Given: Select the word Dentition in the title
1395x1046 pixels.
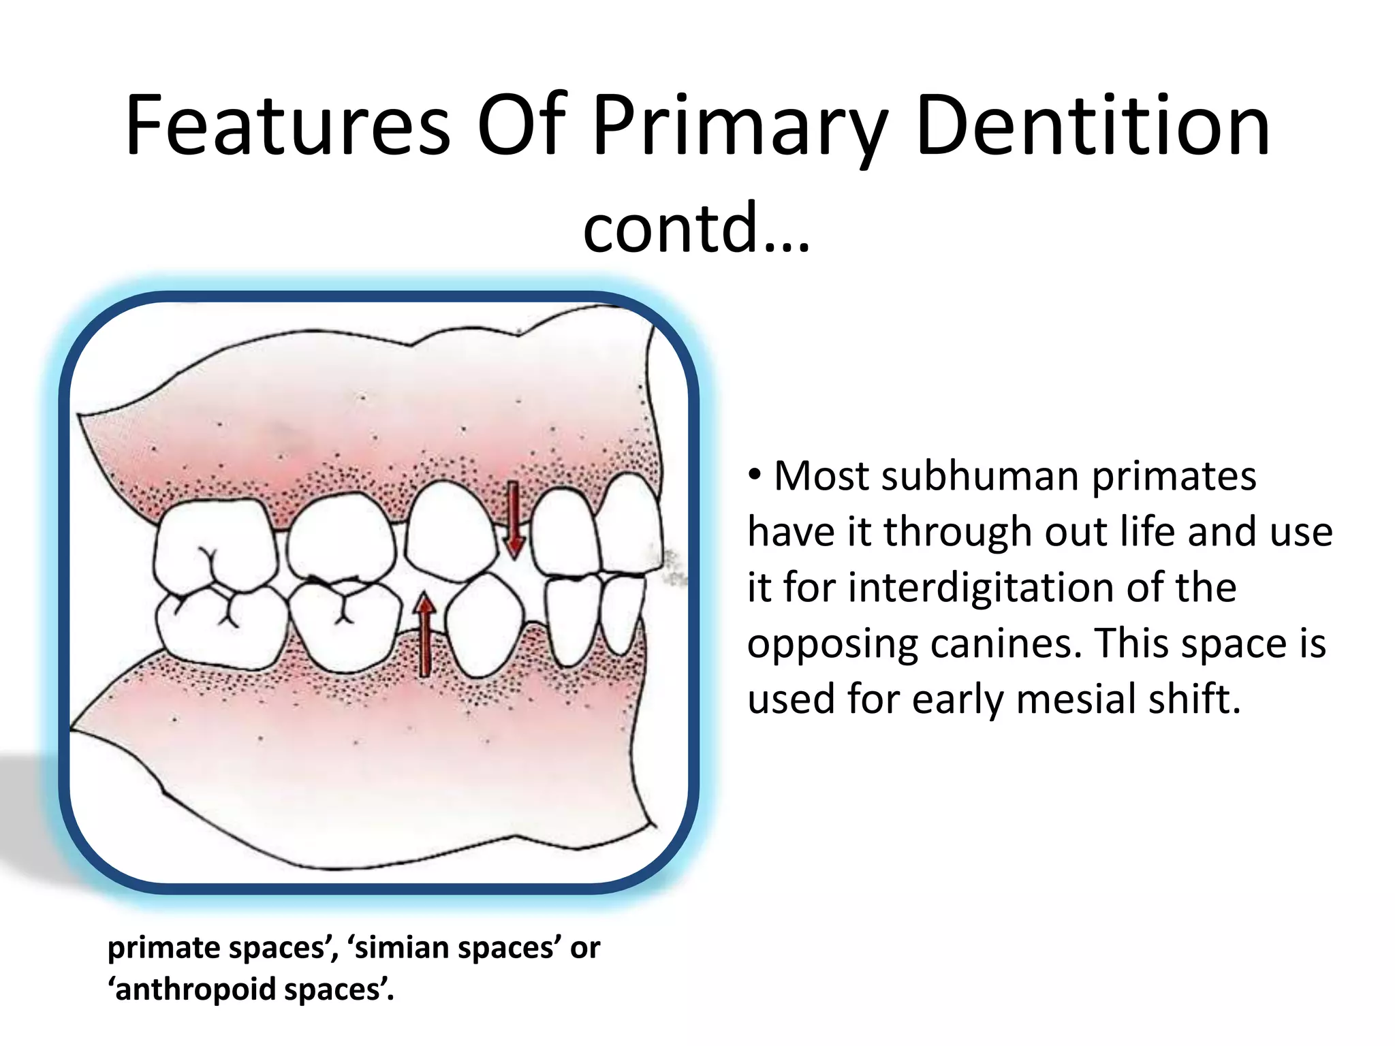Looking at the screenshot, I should click(x=1093, y=127).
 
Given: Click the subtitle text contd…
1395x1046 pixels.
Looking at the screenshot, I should click(x=696, y=227).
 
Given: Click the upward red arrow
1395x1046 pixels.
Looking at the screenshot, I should click(x=425, y=633).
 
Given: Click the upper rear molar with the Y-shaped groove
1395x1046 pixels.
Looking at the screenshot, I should click(x=215, y=545).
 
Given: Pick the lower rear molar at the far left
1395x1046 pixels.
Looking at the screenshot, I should click(x=218, y=623).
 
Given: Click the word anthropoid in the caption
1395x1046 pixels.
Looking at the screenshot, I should click(x=195, y=989).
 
